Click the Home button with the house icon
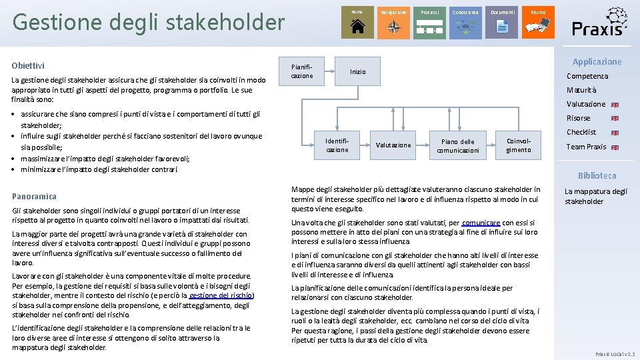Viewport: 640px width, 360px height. click(x=357, y=22)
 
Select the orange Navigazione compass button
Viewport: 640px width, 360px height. click(x=393, y=22)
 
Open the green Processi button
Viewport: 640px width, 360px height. click(x=429, y=22)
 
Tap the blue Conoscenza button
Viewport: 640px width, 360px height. click(x=465, y=22)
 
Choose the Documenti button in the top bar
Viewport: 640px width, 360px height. click(x=502, y=22)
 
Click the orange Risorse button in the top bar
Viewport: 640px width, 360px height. click(x=538, y=22)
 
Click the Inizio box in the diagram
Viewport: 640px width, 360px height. click(x=358, y=71)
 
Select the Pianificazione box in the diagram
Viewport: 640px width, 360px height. click(x=302, y=71)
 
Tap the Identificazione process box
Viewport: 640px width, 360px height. click(x=337, y=145)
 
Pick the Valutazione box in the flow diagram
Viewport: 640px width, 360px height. click(x=393, y=145)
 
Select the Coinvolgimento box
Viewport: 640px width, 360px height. click(x=519, y=145)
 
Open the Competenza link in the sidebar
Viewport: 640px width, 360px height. click(x=587, y=76)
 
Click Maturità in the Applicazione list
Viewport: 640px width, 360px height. click(x=581, y=90)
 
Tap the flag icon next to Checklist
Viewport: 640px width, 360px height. click(x=615, y=133)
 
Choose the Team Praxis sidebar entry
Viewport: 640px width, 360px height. click(x=586, y=147)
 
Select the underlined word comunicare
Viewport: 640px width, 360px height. click(x=480, y=223)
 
